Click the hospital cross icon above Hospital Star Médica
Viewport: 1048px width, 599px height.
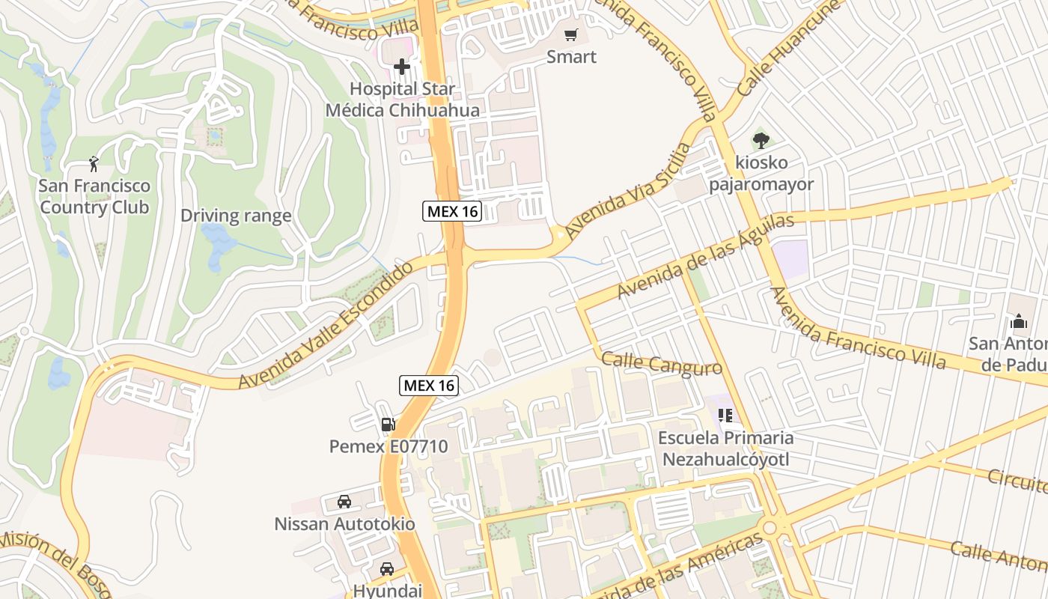tap(402, 67)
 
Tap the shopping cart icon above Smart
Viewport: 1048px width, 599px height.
tap(571, 34)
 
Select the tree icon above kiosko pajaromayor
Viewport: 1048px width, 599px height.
tap(761, 140)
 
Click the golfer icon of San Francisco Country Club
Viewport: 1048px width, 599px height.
tap(94, 163)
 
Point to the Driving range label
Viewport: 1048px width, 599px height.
tap(236, 216)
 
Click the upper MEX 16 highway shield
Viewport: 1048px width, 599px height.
tap(452, 211)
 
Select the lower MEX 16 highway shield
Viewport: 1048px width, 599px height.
tap(429, 386)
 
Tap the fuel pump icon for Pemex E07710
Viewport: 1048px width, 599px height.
tap(388, 425)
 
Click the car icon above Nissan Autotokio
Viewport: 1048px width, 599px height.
tap(344, 501)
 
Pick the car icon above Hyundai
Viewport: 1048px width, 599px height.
tap(386, 569)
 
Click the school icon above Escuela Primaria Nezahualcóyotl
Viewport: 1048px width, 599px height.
tap(724, 415)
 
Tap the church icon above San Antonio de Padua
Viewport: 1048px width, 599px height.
tap(1018, 322)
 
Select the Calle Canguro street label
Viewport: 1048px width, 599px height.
tap(662, 364)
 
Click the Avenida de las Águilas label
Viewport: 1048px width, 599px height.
tap(704, 256)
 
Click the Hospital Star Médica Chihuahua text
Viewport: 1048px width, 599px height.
tap(402, 100)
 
